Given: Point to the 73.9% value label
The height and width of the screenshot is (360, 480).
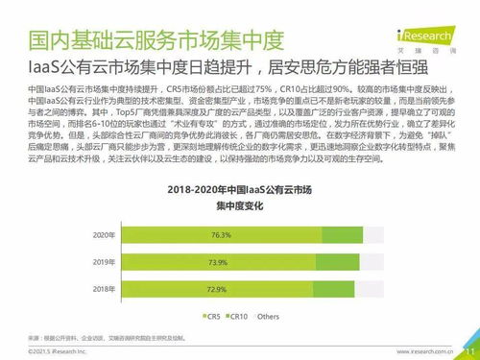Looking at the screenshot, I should tap(218, 261).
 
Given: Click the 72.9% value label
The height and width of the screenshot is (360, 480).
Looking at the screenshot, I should tap(217, 288).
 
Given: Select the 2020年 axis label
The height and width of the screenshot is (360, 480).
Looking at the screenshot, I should tap(103, 234).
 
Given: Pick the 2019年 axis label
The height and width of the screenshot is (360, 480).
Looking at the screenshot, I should tap(103, 261).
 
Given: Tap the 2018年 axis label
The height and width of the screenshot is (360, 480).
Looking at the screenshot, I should tap(103, 288).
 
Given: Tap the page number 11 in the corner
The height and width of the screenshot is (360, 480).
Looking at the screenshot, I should tap(469, 350).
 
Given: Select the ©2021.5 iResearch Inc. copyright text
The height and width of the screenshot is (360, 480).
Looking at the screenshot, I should tap(58, 351).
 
